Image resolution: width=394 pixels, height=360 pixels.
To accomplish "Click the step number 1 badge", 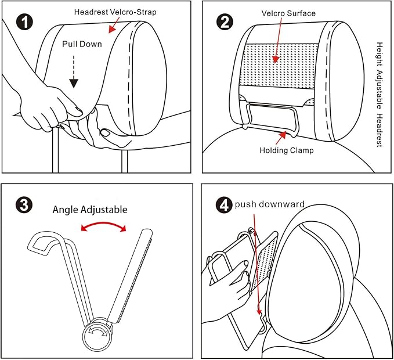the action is click(x=24, y=22).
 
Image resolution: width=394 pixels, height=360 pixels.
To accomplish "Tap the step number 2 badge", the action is click(x=225, y=22).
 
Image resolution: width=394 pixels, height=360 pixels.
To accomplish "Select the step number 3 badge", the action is click(x=24, y=205).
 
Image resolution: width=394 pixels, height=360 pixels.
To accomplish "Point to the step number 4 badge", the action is click(x=224, y=206).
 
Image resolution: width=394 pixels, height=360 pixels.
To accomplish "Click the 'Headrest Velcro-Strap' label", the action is click(x=115, y=12).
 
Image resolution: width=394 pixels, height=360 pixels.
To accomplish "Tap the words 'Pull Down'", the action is click(x=82, y=44).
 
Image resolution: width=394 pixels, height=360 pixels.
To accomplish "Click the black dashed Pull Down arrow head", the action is click(x=74, y=84).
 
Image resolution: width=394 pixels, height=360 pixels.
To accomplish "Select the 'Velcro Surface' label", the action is click(x=288, y=13).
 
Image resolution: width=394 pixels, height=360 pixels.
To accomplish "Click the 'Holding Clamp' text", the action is click(x=287, y=150).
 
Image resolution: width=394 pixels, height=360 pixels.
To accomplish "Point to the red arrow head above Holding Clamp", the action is click(x=283, y=135).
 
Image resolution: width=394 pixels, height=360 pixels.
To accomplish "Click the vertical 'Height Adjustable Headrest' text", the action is click(x=379, y=95).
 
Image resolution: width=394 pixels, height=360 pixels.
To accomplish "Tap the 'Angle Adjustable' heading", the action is click(x=90, y=210).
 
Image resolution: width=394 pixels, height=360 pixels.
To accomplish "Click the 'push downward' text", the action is click(x=269, y=204).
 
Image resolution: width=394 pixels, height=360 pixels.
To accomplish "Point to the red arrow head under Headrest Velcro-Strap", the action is click(x=111, y=30).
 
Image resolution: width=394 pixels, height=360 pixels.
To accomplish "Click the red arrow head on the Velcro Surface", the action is click(x=276, y=59).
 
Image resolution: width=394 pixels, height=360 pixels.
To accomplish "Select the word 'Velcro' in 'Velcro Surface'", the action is click(x=273, y=13).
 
